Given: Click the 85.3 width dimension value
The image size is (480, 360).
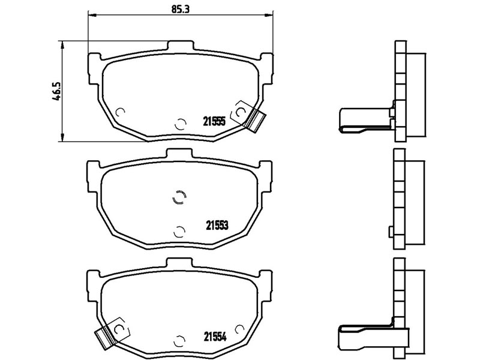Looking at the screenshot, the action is tap(181, 9).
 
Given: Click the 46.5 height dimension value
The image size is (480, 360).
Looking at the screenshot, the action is tap(56, 91).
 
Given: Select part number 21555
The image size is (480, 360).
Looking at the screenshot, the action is tap(214, 122).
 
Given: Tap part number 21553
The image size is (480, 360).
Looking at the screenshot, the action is tap(217, 226).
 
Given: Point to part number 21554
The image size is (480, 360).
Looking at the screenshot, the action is tap(215, 337).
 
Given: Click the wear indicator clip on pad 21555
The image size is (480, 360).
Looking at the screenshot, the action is tap(256, 121).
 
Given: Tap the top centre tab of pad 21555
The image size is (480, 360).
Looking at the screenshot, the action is tap(181, 46).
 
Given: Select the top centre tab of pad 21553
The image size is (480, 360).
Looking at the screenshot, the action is tap(179, 154).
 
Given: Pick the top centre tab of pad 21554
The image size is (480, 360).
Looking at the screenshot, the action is tap(179, 262).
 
